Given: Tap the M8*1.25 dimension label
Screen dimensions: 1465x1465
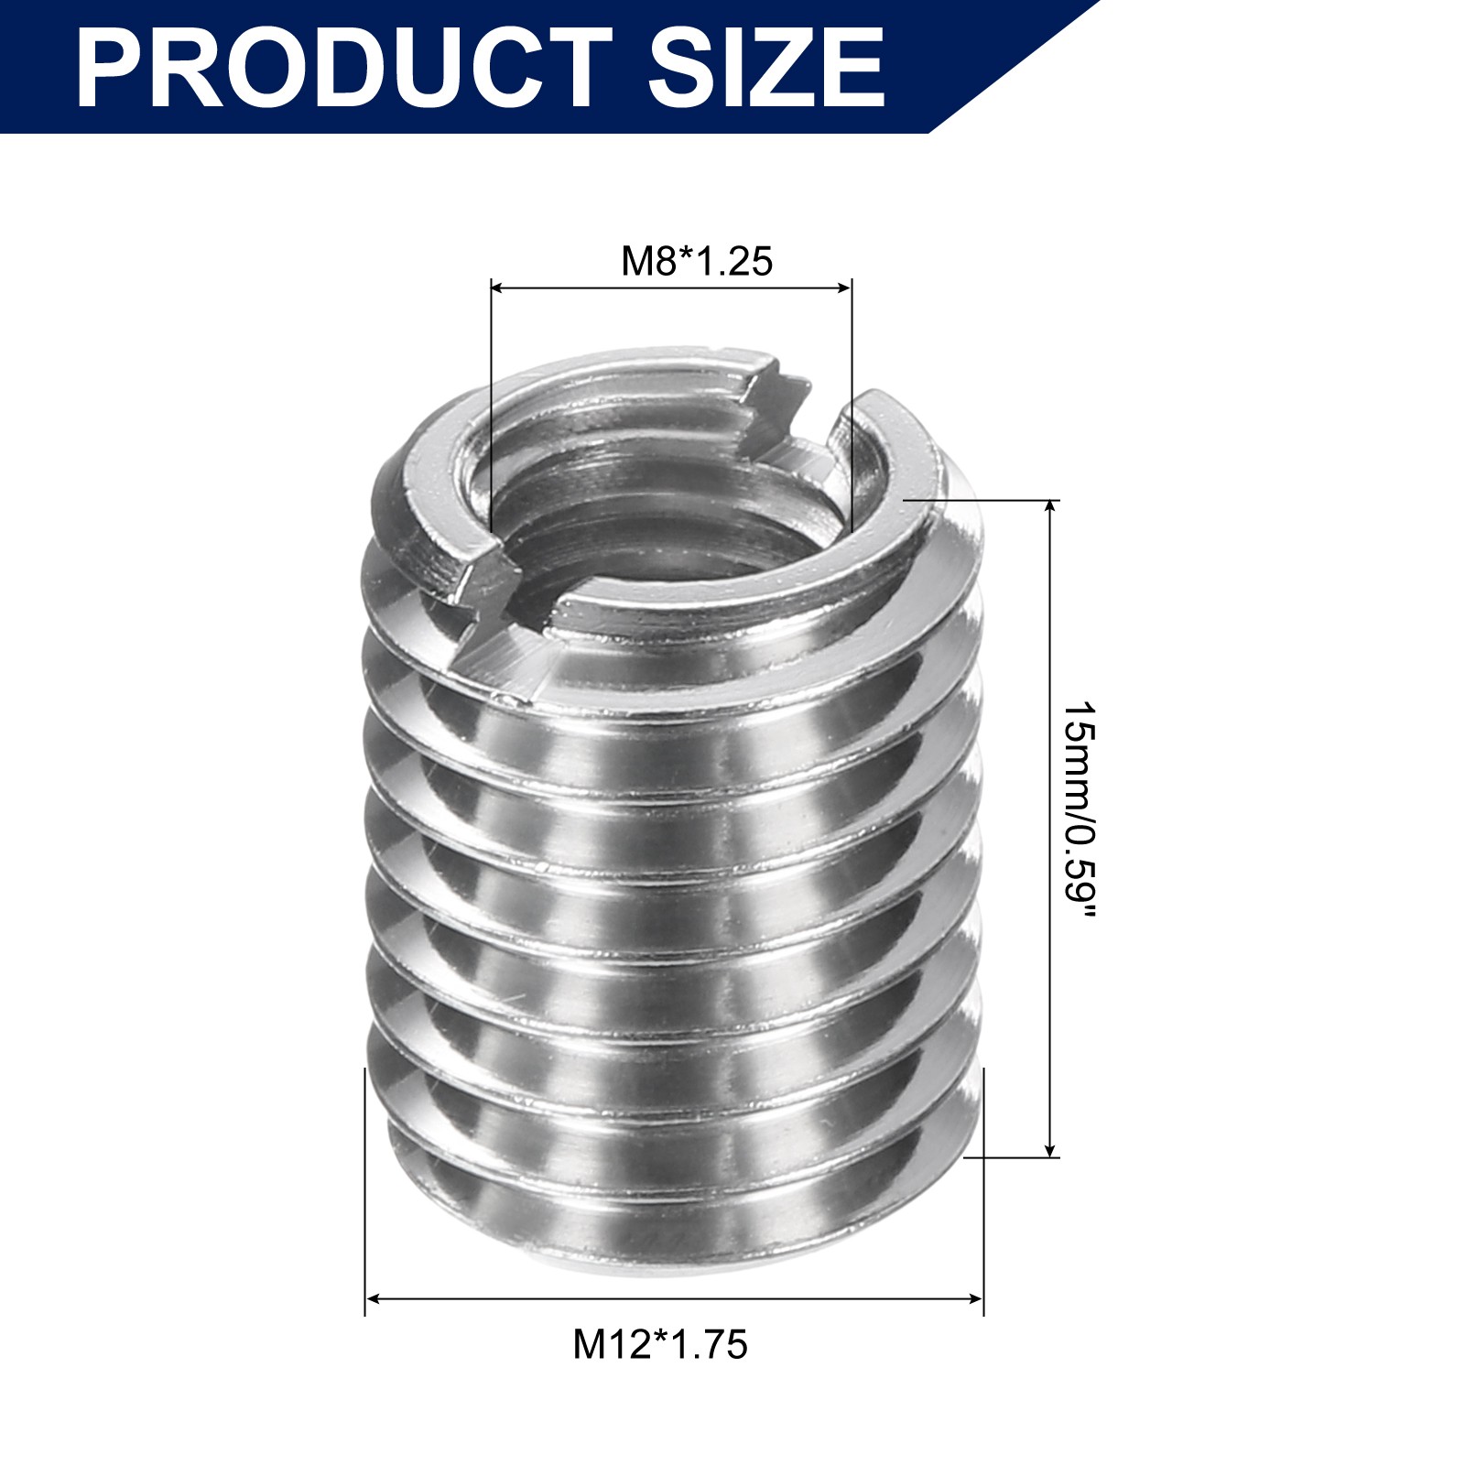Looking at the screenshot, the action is pyautogui.click(x=697, y=261).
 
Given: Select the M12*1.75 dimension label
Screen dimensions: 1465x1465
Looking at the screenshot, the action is pyautogui.click(x=660, y=1344).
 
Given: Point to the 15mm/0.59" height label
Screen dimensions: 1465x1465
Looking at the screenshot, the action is pyautogui.click(x=1079, y=814).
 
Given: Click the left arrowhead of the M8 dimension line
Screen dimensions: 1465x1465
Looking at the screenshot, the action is pyautogui.click(x=498, y=288).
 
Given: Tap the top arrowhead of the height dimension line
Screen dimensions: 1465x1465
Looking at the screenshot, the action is pyautogui.click(x=1050, y=508).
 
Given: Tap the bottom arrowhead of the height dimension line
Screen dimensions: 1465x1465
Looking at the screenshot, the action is pyautogui.click(x=1050, y=1149).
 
